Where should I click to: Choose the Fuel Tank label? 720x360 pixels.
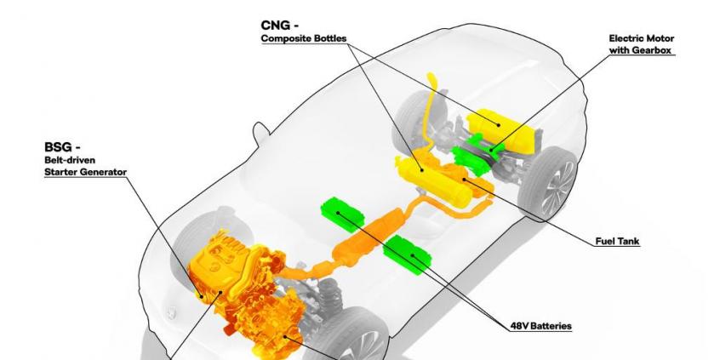pos(616,242)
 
